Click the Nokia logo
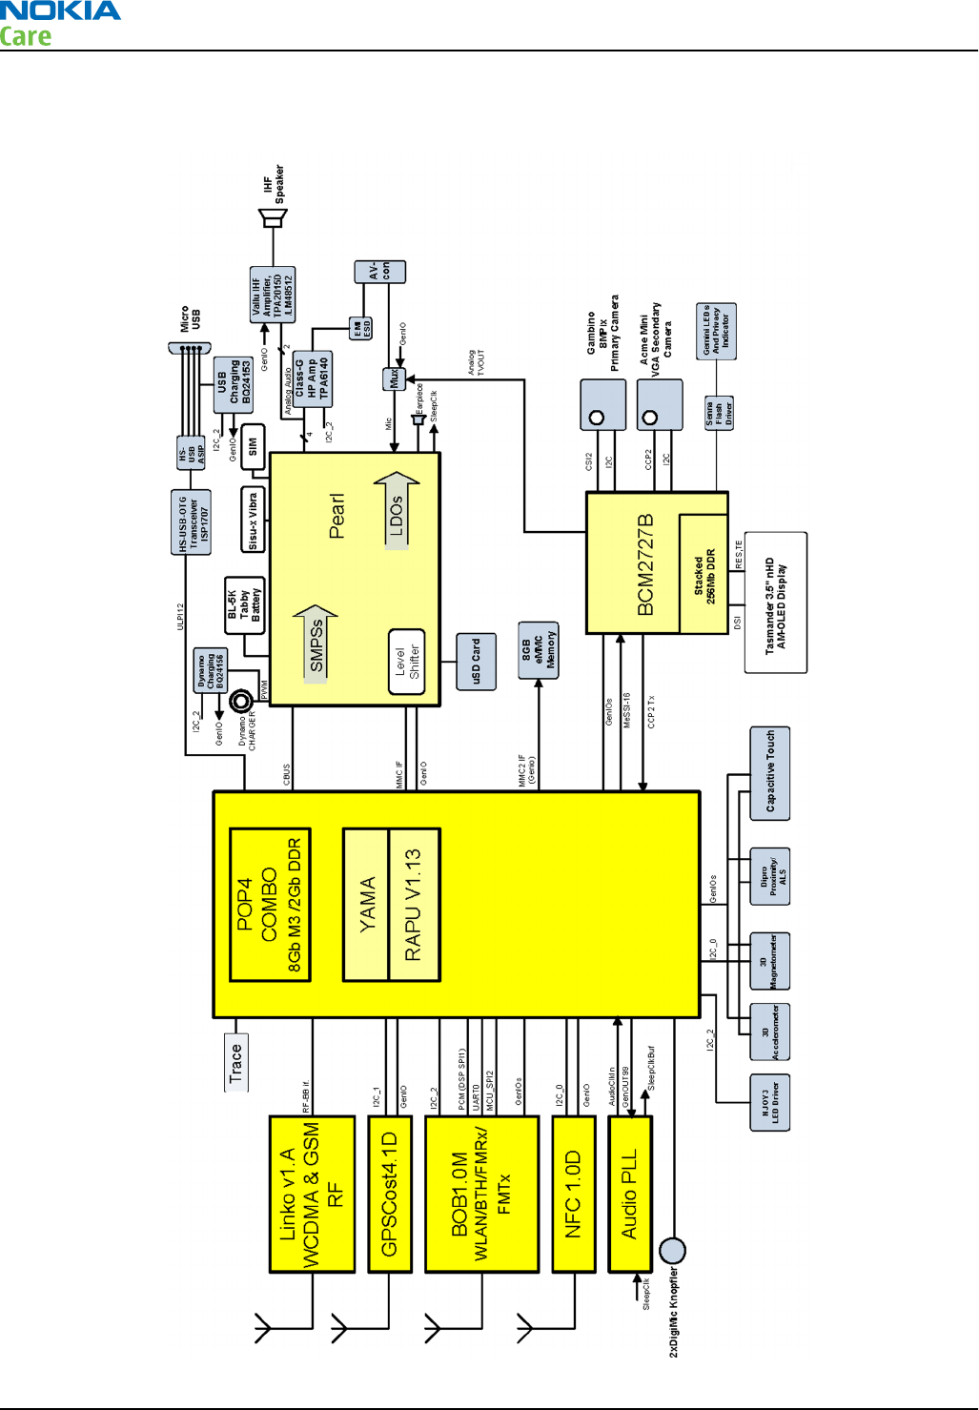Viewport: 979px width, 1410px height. pos(60,12)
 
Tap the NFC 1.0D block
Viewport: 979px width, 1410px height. pos(573,1194)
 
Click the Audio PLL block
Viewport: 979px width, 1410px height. pos(629,1194)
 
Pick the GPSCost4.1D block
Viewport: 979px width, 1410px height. pos(389,1194)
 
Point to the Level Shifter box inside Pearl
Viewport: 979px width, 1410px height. pos(407,662)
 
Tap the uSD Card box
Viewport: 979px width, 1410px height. pos(477,662)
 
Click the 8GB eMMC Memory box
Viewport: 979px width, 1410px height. pos(539,650)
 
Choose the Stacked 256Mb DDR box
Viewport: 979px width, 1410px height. pos(704,574)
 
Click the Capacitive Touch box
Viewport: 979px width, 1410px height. pos(770,772)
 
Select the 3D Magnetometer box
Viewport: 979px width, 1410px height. pos(769,961)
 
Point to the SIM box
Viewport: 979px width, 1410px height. pos(253,446)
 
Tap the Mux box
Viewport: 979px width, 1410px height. pos(394,378)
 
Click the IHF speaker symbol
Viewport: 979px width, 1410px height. pos(274,218)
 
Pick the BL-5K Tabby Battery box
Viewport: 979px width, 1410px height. pos(244,605)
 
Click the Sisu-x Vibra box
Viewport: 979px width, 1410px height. pos(252,521)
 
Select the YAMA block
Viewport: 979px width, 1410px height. pos(366,904)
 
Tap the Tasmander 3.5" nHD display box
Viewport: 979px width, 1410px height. pos(775,603)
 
